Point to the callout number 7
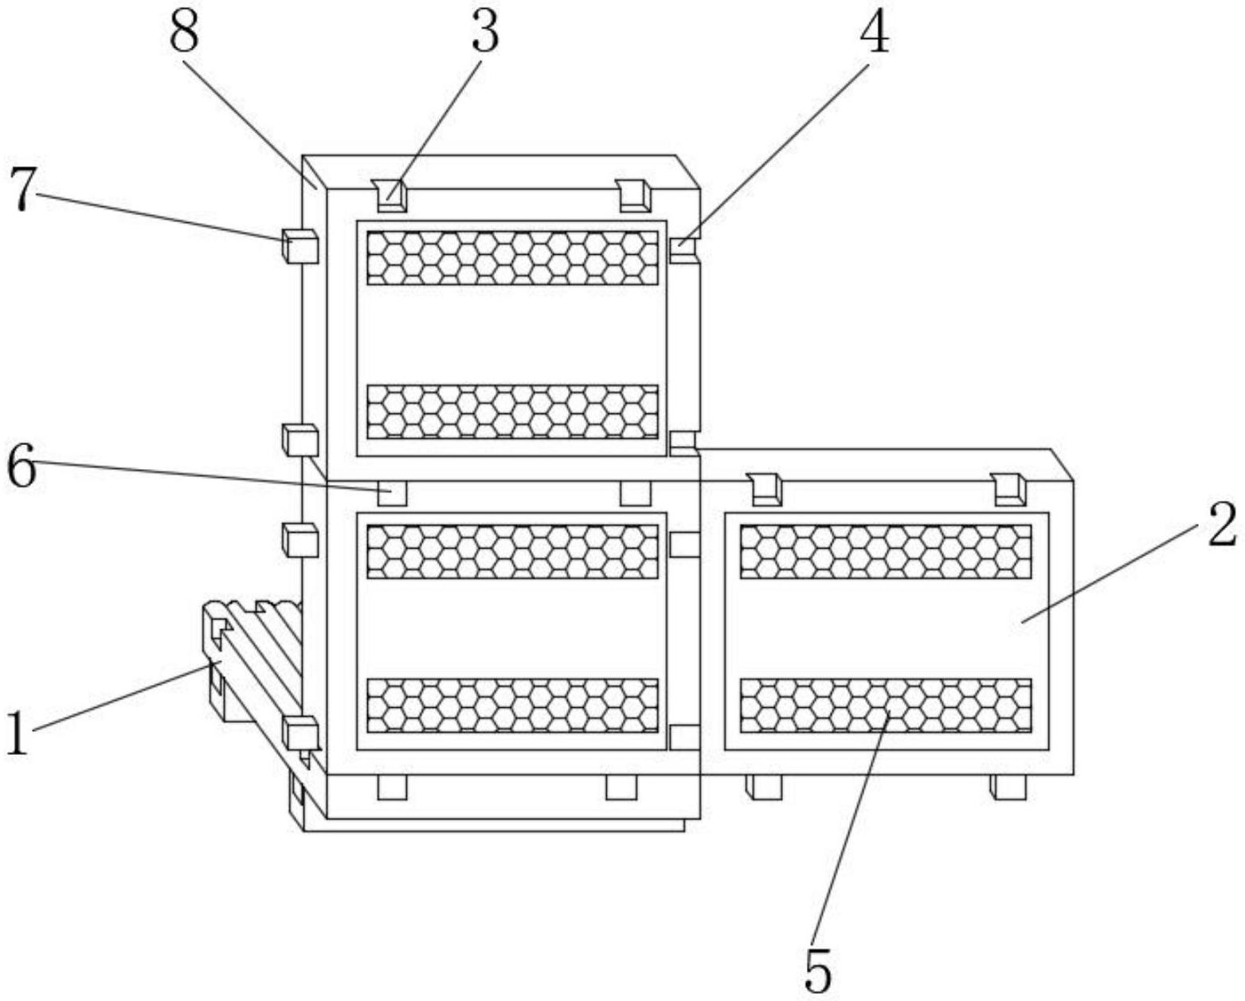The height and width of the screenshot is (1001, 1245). tap(23, 190)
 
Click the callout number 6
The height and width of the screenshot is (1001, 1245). tap(22, 467)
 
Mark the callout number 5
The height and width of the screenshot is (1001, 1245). tap(818, 969)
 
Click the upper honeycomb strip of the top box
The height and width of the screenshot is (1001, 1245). tap(512, 257)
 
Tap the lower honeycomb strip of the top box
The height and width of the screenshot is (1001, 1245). tap(512, 411)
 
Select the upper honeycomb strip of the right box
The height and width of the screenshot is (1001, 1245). tap(886, 551)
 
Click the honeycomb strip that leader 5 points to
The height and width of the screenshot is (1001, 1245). tap(886, 705)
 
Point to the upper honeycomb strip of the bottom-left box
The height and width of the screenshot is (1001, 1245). tap(512, 551)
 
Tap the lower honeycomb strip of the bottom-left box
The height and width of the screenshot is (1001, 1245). tap(512, 705)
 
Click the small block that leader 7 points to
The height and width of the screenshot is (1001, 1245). tap(300, 246)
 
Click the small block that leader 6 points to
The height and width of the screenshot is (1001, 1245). tap(391, 493)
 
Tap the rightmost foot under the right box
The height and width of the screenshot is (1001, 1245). tap(1008, 787)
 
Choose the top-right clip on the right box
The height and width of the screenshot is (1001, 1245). tap(1009, 488)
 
